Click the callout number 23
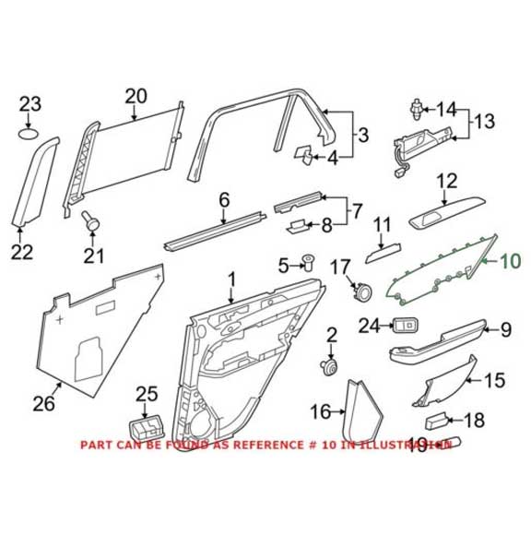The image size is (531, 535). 30,103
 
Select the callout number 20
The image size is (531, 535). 136,95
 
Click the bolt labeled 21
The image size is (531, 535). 90,221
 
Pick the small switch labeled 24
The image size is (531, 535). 407,324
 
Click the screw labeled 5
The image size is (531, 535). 309,267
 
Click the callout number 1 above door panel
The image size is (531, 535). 231,278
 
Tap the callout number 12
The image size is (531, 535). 446,181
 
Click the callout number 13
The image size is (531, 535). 484,121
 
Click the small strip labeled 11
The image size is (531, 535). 382,245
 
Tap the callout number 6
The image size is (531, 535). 222,199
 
